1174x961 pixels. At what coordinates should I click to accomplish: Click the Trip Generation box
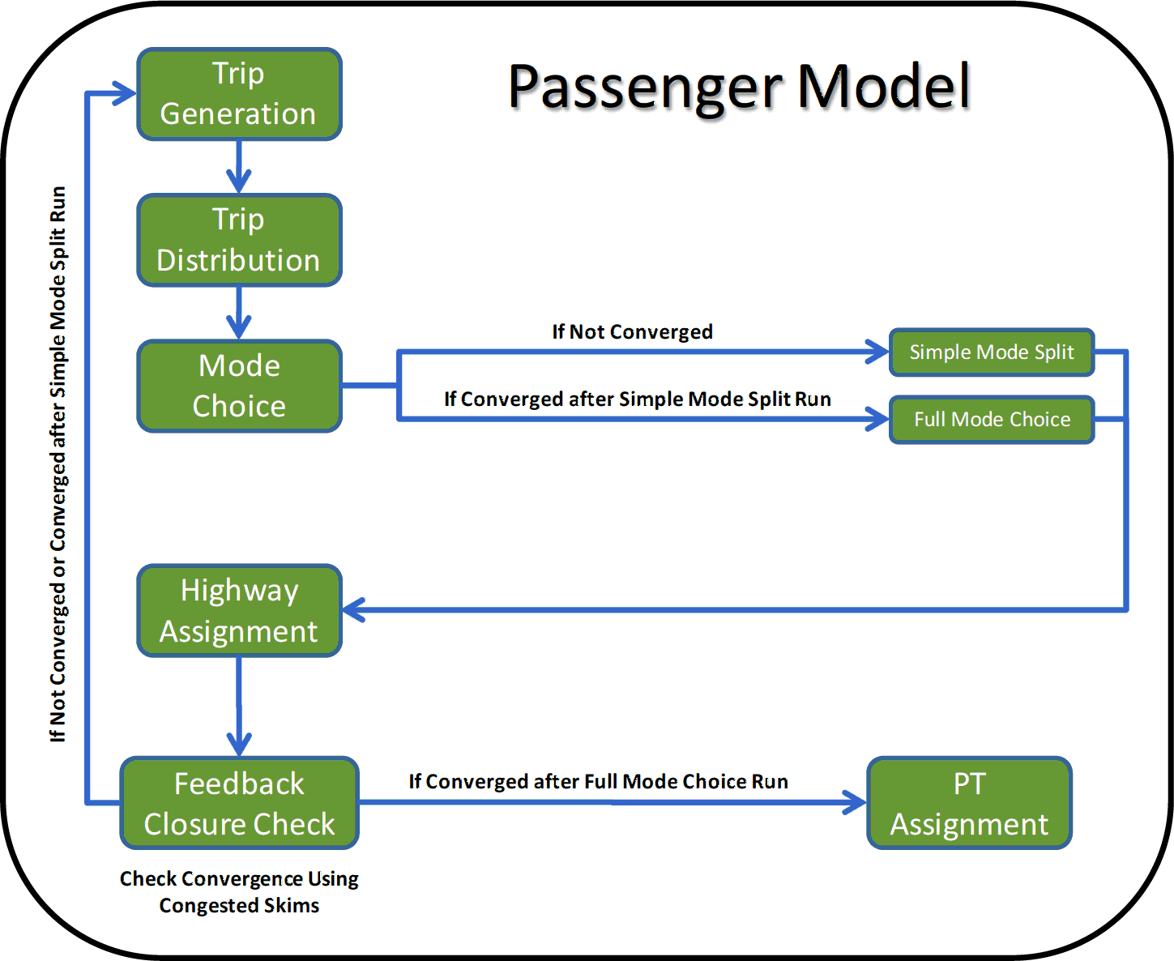tap(239, 94)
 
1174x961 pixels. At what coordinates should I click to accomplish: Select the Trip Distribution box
tap(239, 240)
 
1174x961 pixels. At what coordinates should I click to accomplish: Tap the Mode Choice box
tap(239, 386)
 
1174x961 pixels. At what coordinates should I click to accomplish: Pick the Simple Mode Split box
tap(992, 352)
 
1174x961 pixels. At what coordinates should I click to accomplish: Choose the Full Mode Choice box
tap(992, 420)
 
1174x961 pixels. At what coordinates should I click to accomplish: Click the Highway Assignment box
tap(239, 611)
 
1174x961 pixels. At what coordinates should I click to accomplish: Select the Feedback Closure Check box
tap(239, 804)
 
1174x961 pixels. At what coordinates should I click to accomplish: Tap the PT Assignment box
tap(969, 804)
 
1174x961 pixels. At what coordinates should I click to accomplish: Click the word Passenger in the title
tap(645, 88)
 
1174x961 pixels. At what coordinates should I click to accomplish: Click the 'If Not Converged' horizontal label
tap(632, 332)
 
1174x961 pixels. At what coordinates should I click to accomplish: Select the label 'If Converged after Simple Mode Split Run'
tap(637, 399)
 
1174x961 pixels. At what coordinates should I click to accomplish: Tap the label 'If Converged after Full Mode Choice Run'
tap(598, 782)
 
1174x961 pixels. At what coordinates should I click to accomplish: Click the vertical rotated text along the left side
tap(58, 463)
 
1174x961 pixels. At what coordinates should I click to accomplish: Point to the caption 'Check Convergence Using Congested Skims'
tap(239, 891)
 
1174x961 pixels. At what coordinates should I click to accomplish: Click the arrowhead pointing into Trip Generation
tap(126, 93)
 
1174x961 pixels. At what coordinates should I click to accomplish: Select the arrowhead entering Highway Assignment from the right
tap(354, 609)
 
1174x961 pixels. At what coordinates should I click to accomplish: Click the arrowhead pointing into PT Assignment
tap(856, 802)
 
